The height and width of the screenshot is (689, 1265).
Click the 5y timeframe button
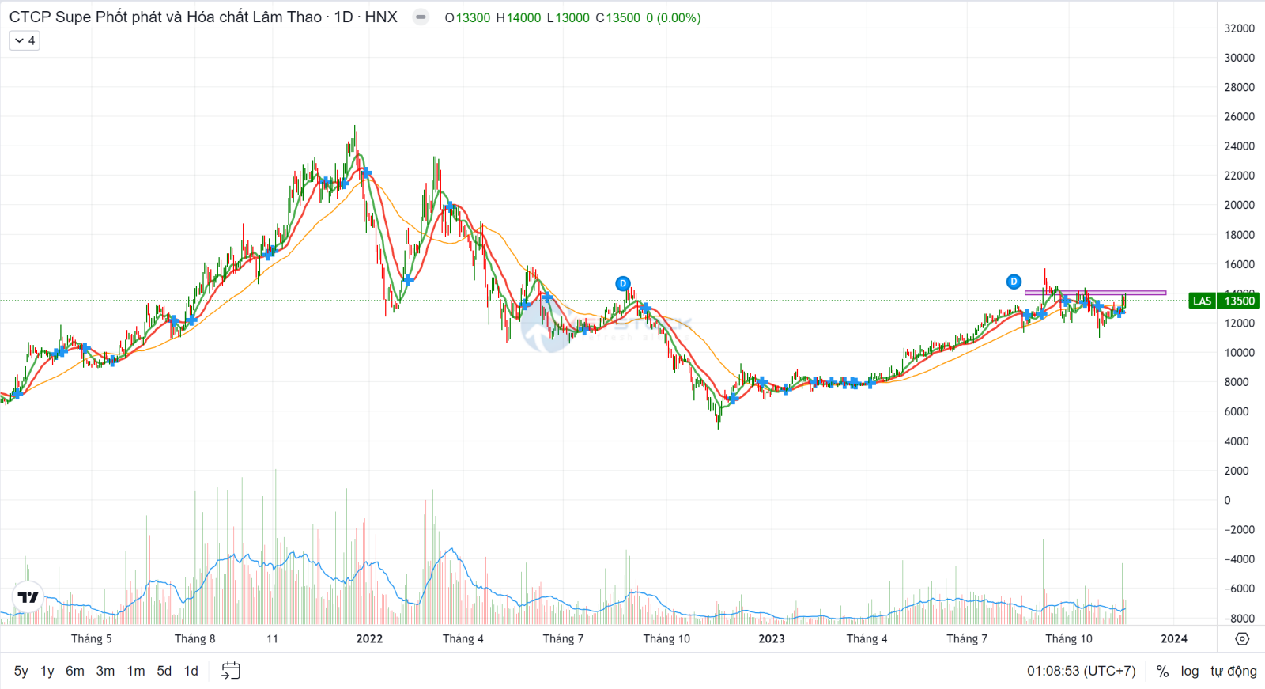[21, 671]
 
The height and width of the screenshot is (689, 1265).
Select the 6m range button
[74, 671]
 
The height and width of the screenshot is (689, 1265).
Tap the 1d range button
[191, 671]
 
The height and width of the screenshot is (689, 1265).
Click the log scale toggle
[1189, 671]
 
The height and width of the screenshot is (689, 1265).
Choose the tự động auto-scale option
[1233, 671]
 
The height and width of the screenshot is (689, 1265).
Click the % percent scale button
[1162, 671]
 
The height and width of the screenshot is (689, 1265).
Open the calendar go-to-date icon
[231, 671]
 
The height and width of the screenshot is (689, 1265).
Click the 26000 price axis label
[1239, 116]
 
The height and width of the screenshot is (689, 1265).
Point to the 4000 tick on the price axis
[1237, 441]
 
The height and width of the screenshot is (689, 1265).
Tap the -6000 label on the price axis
[1239, 589]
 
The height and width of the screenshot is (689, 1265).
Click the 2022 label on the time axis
[369, 638]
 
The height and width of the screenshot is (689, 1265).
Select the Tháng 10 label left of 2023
[666, 638]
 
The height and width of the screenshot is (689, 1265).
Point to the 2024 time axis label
[1174, 638]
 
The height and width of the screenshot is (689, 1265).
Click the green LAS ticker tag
[1202, 301]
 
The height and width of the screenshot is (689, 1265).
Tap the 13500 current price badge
[1240, 301]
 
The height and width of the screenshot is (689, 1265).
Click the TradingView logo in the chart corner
[28, 597]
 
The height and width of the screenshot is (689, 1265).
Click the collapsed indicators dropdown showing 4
[25, 40]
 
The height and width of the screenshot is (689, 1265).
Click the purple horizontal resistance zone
[1095, 293]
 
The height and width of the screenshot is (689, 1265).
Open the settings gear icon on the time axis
[1242, 638]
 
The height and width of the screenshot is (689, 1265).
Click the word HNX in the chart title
[381, 17]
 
